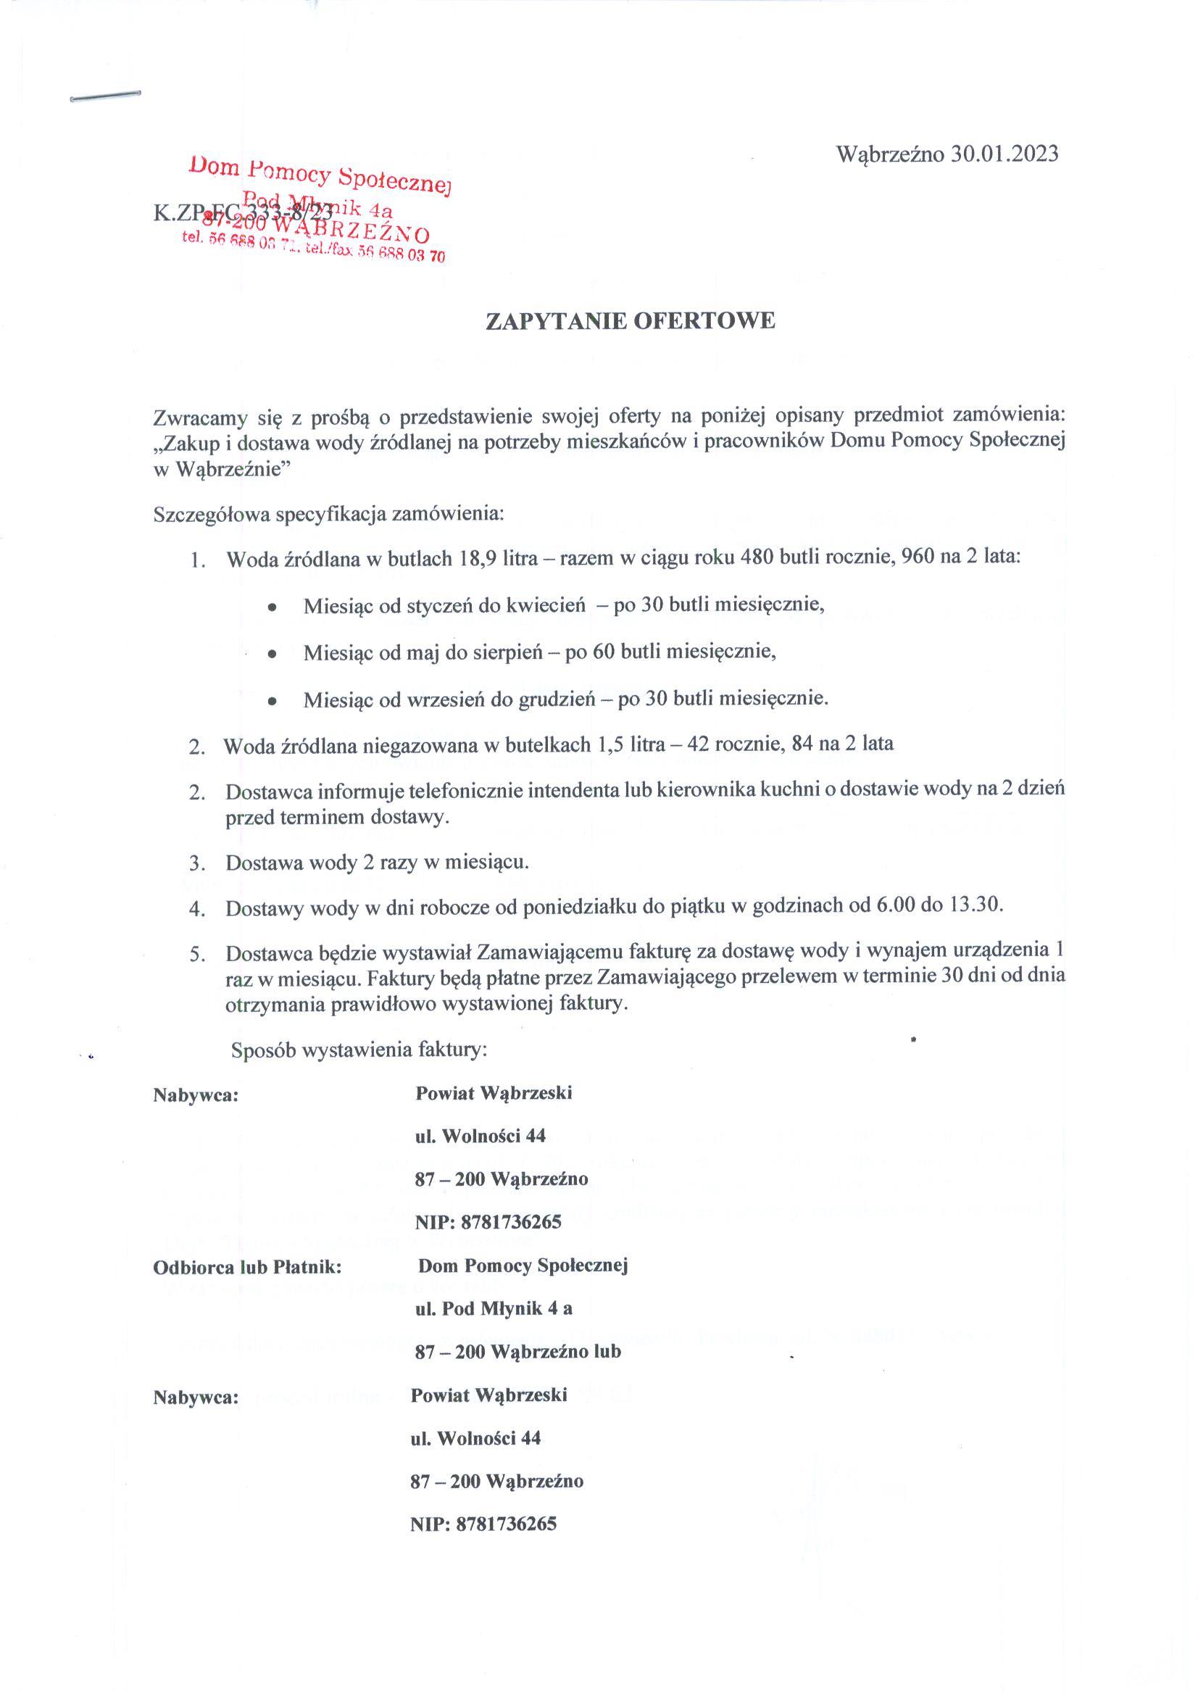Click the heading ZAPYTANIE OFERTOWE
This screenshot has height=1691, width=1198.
point(630,321)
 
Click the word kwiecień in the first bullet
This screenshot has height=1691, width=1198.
point(545,606)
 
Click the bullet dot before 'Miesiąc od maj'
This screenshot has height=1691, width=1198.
point(273,654)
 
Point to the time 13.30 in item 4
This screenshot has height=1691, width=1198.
point(976,905)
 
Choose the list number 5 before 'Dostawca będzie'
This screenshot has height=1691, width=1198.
point(196,955)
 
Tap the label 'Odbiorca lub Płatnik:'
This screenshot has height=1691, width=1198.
point(247,1268)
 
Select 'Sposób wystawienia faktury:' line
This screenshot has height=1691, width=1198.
point(359,1050)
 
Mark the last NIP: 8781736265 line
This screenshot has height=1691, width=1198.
point(483,1524)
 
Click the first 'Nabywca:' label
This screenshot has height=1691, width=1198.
point(196,1095)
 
